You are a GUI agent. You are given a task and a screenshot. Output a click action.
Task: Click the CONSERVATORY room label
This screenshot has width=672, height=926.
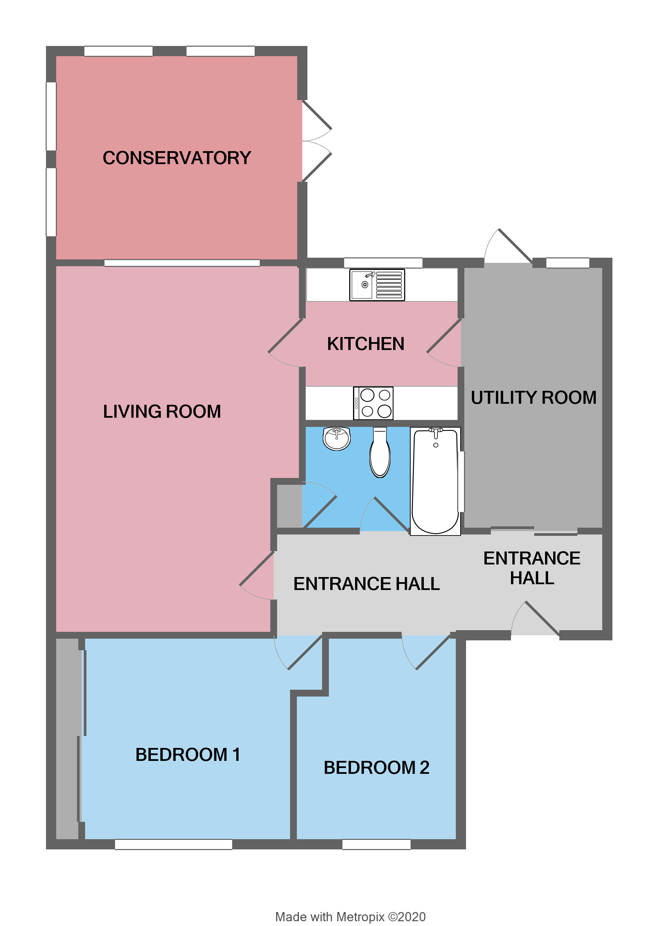pyautogui.click(x=176, y=158)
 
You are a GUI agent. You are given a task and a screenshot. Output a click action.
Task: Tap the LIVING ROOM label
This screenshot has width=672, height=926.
pyautogui.click(x=162, y=412)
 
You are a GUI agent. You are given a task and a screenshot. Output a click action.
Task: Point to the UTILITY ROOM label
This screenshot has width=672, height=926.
pyautogui.click(x=533, y=398)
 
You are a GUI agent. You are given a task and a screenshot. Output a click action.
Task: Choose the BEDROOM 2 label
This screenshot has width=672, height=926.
pyautogui.click(x=376, y=768)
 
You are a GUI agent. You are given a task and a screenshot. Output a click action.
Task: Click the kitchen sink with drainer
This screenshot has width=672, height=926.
pyautogui.click(x=377, y=285)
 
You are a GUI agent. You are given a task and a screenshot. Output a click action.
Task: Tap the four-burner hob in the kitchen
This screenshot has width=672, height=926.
pyautogui.click(x=373, y=403)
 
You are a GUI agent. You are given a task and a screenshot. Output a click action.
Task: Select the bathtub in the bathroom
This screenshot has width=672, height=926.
pyautogui.click(x=435, y=481)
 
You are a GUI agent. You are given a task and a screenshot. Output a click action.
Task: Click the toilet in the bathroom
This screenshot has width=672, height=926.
pyautogui.click(x=380, y=452)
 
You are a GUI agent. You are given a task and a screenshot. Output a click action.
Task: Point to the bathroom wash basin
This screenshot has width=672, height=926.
pyautogui.click(x=336, y=438)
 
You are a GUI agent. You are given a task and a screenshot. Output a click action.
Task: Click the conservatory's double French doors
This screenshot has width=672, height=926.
pyautogui.click(x=316, y=141)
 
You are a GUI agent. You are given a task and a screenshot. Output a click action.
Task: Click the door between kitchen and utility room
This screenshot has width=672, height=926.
pyautogui.click(x=444, y=343)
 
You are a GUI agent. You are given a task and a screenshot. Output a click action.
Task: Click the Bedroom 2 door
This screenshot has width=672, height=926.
pyautogui.click(x=429, y=653)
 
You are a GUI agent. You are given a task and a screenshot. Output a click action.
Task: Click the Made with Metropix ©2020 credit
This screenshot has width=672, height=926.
pyautogui.click(x=350, y=916)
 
